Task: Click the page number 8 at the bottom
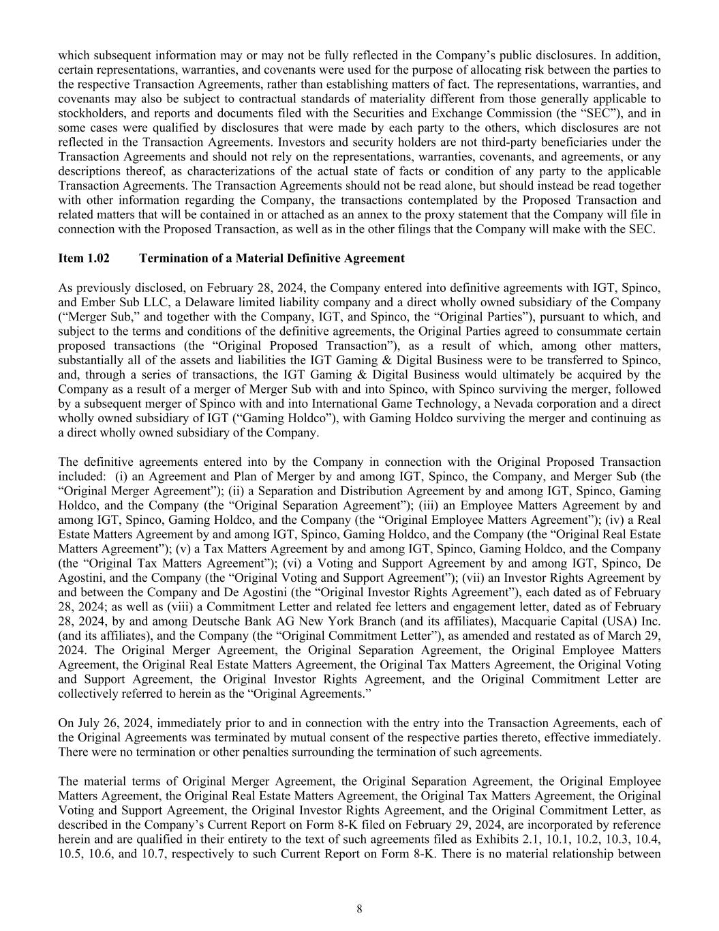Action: point(359,908)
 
